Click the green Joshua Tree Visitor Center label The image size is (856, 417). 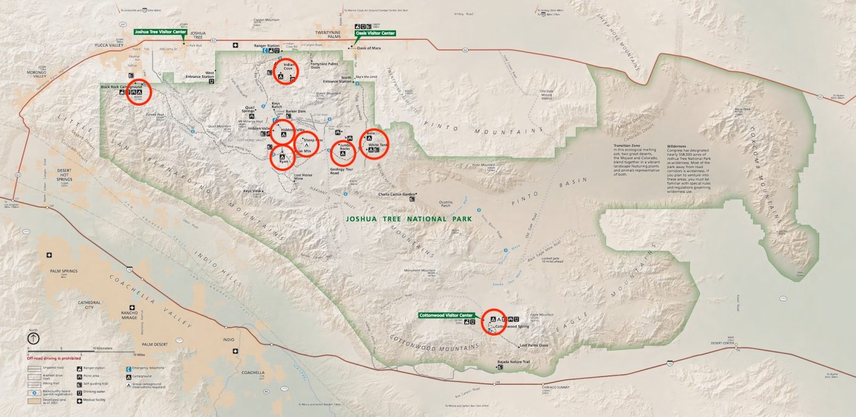160,32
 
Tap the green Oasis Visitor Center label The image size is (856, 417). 375,33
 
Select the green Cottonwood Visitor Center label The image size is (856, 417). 446,315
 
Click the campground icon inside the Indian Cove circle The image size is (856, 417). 281,76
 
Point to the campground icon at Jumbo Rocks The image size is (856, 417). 342,154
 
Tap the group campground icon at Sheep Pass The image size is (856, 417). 307,145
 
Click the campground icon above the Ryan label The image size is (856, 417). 282,156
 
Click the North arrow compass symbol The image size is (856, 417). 33,339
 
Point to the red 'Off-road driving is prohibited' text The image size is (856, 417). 53,358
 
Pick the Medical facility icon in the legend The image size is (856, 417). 80,401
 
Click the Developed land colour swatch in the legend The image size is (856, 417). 33,401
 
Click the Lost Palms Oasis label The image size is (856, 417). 533,345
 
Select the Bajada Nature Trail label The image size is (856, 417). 513,362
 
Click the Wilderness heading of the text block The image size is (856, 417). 676,146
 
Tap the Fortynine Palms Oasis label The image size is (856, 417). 324,65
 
